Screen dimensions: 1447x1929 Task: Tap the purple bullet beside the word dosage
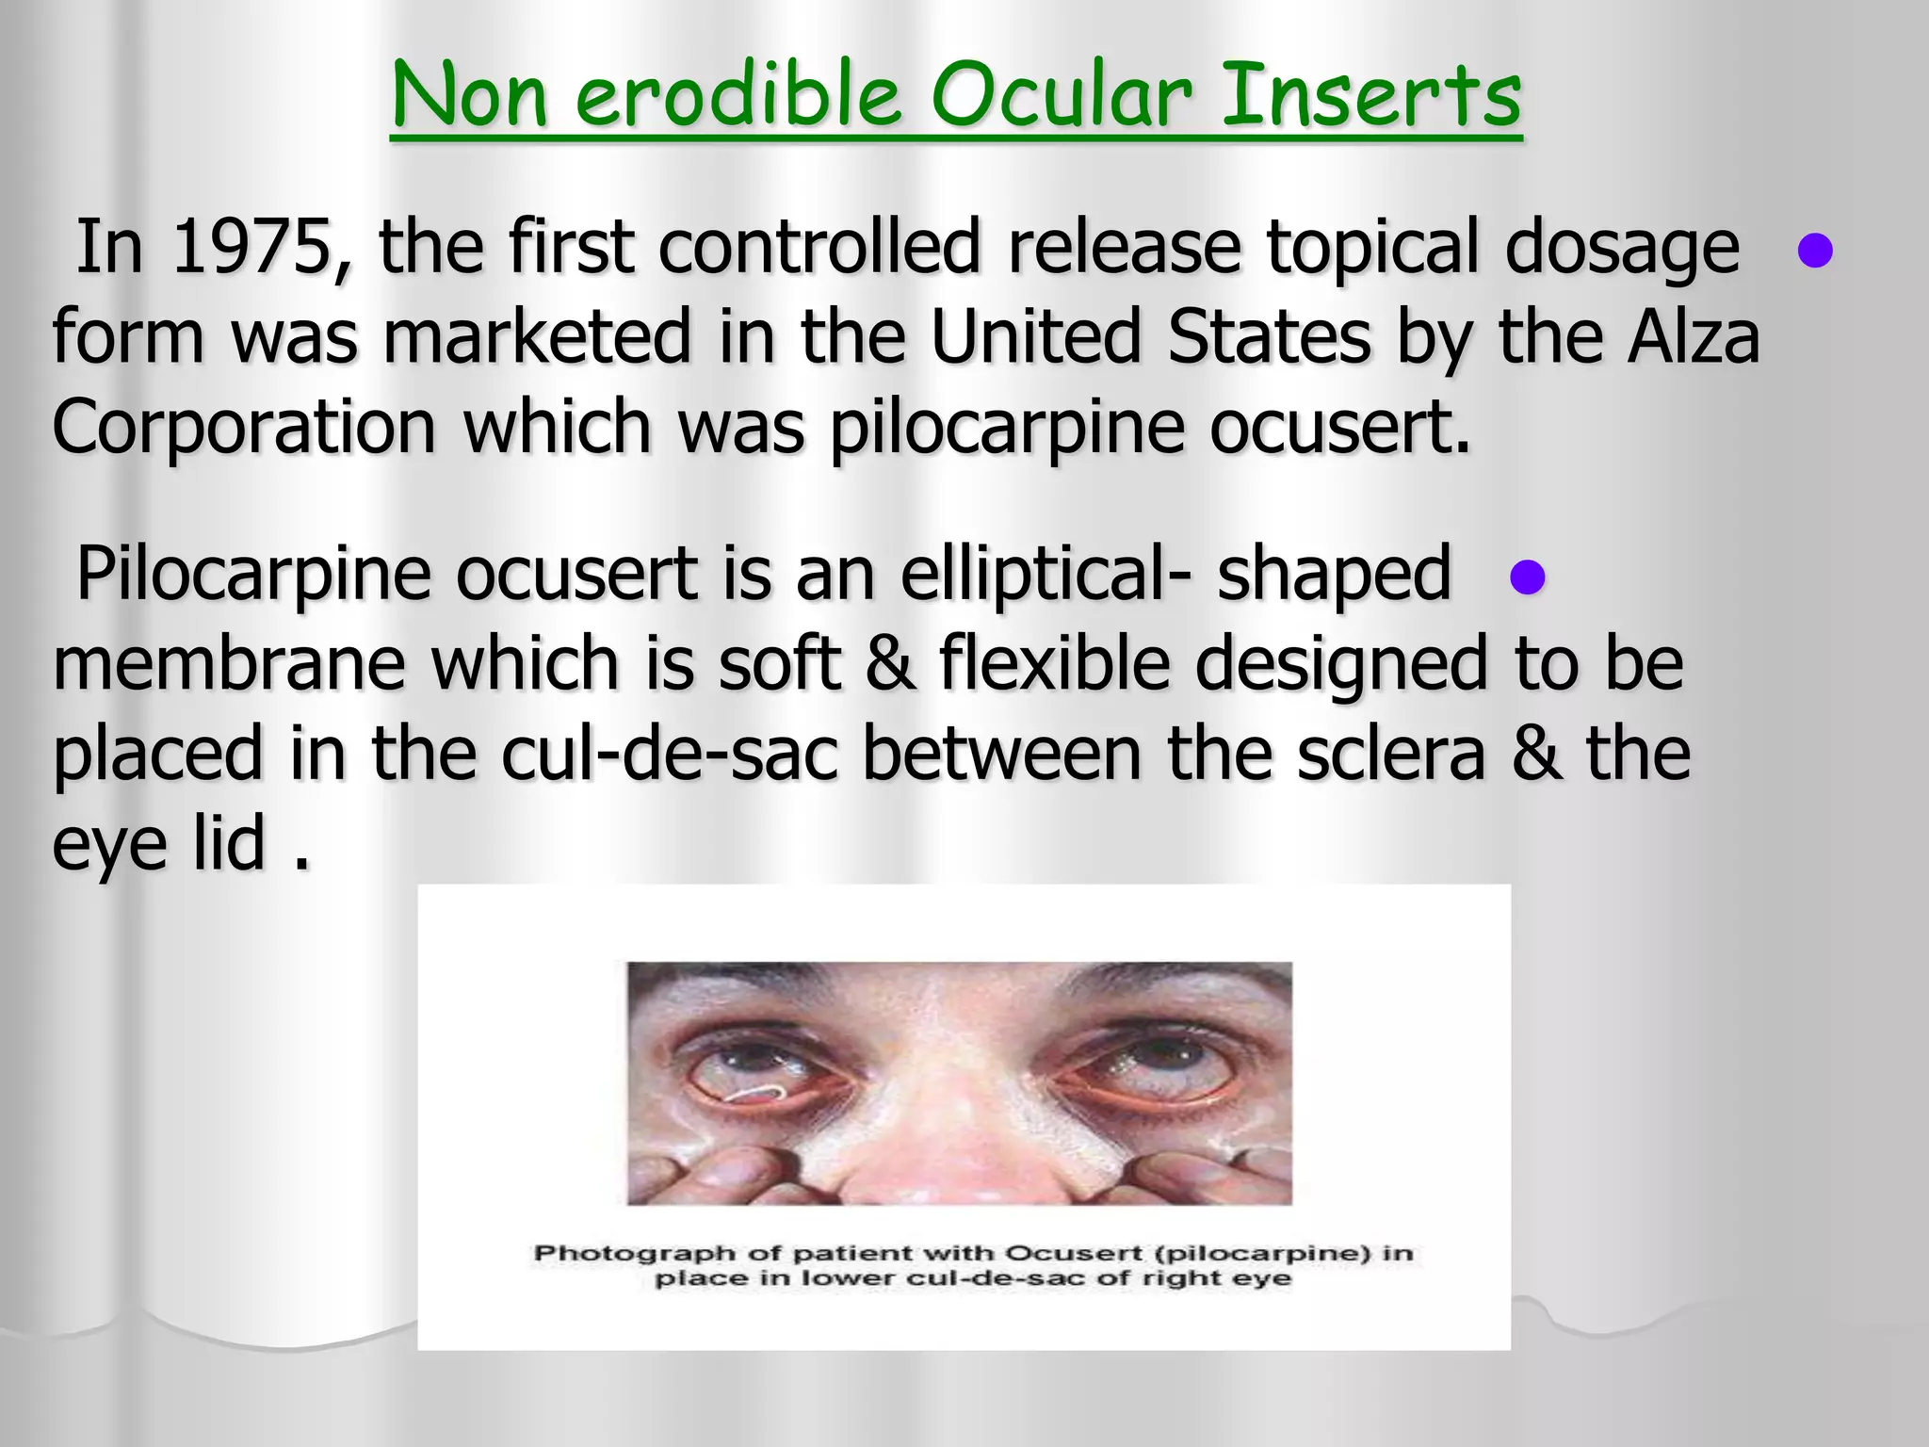pos(1814,251)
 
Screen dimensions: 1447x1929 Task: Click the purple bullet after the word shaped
pos(1527,577)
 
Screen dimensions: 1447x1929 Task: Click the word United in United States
pos(1035,337)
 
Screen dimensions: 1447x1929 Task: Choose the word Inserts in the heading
pos(1370,96)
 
